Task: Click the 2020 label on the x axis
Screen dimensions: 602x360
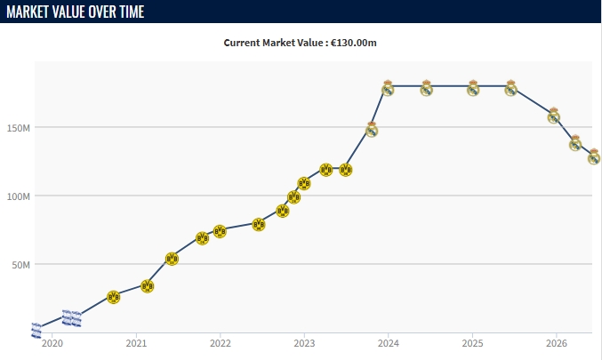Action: pyautogui.click(x=52, y=343)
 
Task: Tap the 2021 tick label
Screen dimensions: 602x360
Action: pyautogui.click(x=136, y=343)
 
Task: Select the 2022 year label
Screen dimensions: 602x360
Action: pyautogui.click(x=221, y=343)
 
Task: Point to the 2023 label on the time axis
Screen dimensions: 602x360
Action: pyautogui.click(x=304, y=343)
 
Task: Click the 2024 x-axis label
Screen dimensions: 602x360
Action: pyautogui.click(x=389, y=343)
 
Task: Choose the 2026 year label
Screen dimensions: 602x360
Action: pyautogui.click(x=557, y=343)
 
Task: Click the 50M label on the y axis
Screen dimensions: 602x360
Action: pyautogui.click(x=20, y=265)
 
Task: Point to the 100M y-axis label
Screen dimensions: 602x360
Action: pyautogui.click(x=18, y=196)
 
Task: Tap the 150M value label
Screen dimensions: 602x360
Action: pyautogui.click(x=18, y=128)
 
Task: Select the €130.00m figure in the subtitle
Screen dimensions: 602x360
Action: pyautogui.click(x=353, y=43)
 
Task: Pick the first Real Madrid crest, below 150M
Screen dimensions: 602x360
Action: pyautogui.click(x=372, y=130)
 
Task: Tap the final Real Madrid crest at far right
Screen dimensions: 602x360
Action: pyautogui.click(x=594, y=156)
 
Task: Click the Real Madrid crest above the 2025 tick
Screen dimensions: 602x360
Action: pyautogui.click(x=473, y=88)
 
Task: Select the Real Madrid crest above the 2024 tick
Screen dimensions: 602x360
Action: pyautogui.click(x=388, y=88)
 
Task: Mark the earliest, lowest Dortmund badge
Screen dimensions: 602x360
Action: pyautogui.click(x=113, y=297)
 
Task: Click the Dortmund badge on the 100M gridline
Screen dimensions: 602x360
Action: pyautogui.click(x=293, y=197)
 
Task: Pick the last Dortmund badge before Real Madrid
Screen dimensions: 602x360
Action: pyautogui.click(x=346, y=170)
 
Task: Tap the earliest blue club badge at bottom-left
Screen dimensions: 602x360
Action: pyautogui.click(x=36, y=331)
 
